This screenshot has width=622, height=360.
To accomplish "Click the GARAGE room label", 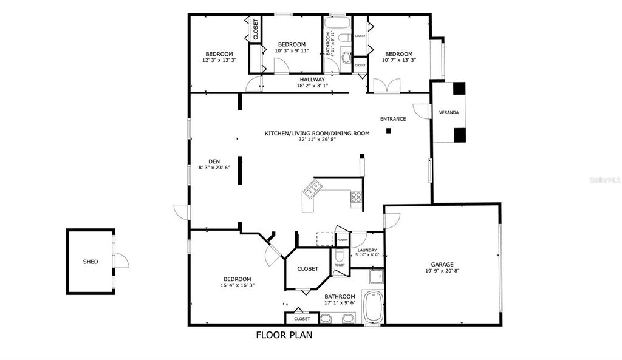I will click(442, 264).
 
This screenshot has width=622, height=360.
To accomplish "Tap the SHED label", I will click(91, 262).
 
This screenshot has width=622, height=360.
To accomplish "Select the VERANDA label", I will click(449, 113).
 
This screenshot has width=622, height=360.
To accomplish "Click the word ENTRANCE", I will click(393, 119).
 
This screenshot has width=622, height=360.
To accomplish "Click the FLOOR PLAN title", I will click(284, 335).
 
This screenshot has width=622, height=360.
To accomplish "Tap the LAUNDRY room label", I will click(367, 250).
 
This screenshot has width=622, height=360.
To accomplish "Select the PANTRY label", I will click(343, 240).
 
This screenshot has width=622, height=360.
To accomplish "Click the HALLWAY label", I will click(312, 80).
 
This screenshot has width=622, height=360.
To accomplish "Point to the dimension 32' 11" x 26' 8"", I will click(317, 139).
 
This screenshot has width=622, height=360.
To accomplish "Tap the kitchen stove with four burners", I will click(356, 196).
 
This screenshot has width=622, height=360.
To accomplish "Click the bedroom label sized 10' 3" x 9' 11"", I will click(292, 51).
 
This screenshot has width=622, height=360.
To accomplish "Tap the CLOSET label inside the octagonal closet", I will click(307, 268).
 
